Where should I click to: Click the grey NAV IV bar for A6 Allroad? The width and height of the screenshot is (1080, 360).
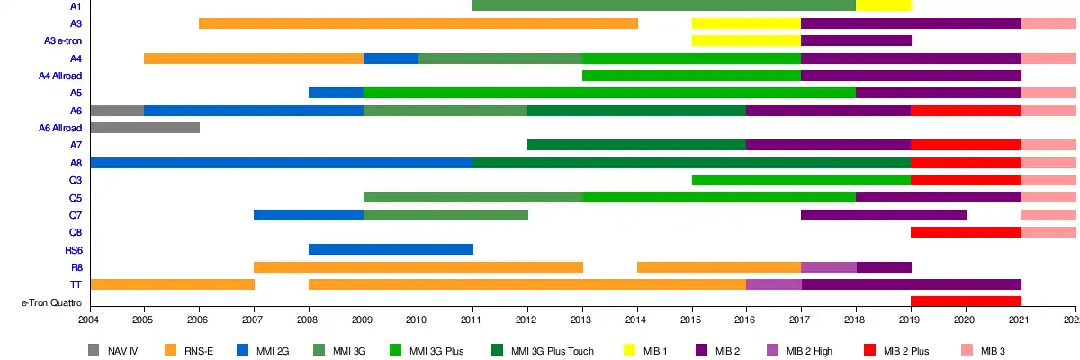tap(145, 128)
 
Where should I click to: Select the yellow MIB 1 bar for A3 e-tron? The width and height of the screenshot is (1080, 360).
tap(746, 40)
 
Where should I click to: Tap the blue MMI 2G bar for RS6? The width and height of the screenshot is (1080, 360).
tap(391, 249)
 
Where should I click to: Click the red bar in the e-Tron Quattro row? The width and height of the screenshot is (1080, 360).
tap(966, 301)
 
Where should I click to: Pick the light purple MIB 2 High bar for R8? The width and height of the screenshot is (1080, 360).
tap(828, 267)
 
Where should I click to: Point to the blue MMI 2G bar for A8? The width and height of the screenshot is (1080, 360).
tap(281, 163)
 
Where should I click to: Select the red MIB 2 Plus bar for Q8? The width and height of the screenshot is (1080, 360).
tap(966, 232)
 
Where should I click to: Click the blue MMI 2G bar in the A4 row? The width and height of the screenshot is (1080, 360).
tap(391, 58)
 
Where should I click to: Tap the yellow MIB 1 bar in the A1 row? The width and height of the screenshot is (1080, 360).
tap(883, 6)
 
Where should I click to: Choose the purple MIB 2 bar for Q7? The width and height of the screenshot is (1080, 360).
tap(883, 215)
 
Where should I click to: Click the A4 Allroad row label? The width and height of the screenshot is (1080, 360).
tap(60, 76)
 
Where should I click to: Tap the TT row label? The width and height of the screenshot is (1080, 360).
tap(76, 284)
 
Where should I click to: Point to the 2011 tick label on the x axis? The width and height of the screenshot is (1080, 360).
tap(472, 319)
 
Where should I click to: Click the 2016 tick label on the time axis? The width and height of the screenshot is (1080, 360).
tap(746, 319)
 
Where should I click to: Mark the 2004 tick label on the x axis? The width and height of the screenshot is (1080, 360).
tap(89, 319)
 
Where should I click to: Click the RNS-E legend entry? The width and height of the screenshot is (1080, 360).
tap(184, 350)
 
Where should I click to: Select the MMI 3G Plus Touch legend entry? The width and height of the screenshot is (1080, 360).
tap(543, 350)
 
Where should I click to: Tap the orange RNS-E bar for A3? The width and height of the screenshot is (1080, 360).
tap(418, 23)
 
